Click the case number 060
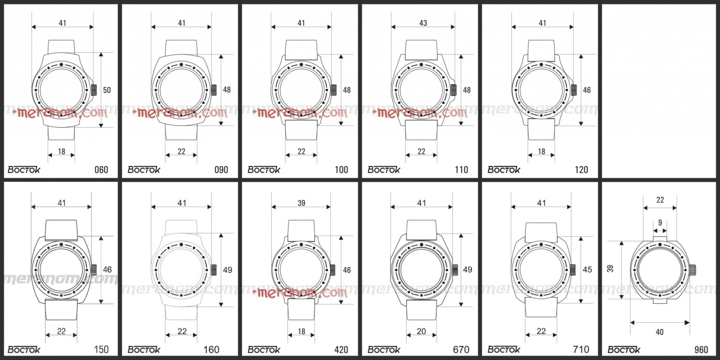point(101,170)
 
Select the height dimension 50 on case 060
point(107,90)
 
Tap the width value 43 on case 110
point(423,23)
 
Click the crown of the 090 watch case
point(214,90)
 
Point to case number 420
point(341,349)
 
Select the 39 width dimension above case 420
point(301,203)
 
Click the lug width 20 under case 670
point(421,331)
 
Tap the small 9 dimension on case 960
point(660,222)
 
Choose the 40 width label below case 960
point(660,332)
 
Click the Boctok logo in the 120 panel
point(503,169)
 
